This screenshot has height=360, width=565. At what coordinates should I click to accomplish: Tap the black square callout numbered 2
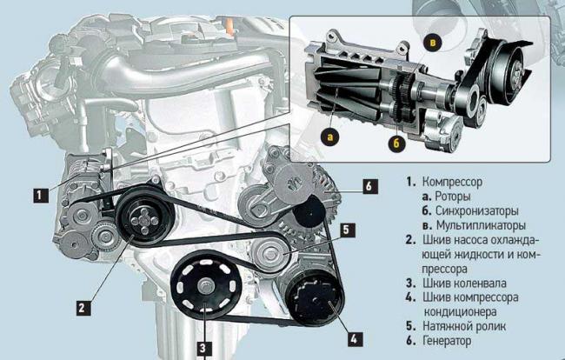click(x=83, y=308)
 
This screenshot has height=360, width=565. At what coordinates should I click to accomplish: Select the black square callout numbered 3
click(x=203, y=348)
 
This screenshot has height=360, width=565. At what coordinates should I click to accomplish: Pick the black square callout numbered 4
click(x=355, y=339)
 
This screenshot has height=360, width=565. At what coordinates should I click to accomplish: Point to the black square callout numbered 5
click(x=347, y=230)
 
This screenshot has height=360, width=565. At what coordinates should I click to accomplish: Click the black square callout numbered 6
click(x=370, y=186)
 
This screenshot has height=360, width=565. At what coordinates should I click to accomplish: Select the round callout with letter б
click(x=396, y=143)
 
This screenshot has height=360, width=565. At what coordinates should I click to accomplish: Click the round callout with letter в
click(x=433, y=43)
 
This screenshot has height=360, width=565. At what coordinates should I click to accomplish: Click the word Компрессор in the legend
click(x=452, y=182)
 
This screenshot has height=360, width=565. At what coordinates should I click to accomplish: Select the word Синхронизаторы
click(x=476, y=210)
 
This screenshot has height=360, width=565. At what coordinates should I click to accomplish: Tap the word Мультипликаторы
click(x=481, y=225)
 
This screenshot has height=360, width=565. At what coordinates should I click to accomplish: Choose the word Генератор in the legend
click(x=447, y=341)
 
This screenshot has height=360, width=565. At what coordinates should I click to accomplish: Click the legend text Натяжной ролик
click(x=464, y=326)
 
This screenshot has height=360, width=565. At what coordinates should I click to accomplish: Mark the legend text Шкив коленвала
click(x=464, y=283)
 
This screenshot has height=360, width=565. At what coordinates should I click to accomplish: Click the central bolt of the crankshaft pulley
click(x=207, y=287)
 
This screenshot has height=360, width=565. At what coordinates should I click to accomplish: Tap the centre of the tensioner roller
click(x=269, y=254)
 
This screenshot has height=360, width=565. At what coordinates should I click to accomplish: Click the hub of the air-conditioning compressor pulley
click(x=314, y=299)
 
